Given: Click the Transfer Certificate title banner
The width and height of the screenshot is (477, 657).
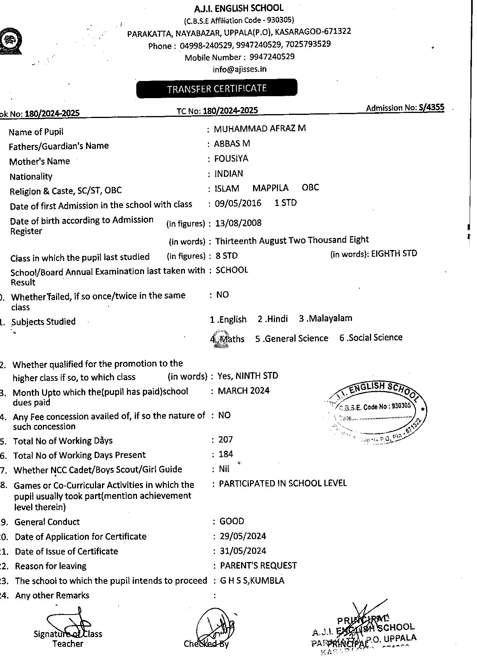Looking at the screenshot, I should pyautogui.click(x=216, y=89).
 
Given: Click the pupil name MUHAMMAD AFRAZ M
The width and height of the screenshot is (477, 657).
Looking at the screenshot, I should pyautogui.click(x=260, y=129).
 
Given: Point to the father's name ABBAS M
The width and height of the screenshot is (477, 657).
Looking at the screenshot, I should pyautogui.click(x=232, y=144).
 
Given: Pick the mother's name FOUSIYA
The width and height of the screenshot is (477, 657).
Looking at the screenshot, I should pyautogui.click(x=231, y=159).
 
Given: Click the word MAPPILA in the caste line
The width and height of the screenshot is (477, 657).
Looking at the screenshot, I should pyautogui.click(x=270, y=188).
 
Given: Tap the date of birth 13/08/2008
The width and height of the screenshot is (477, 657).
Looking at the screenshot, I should pyautogui.click(x=238, y=223).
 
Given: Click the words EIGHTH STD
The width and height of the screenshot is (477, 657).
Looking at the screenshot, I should pyautogui.click(x=394, y=254).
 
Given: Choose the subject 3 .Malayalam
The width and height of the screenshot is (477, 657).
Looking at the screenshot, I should pyautogui.click(x=326, y=318).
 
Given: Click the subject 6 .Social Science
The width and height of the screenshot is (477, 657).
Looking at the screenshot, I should pyautogui.click(x=371, y=338).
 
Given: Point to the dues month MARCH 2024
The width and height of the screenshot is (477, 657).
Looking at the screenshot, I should pyautogui.click(x=244, y=391).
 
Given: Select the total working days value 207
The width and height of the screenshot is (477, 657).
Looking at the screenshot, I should pyautogui.click(x=226, y=440).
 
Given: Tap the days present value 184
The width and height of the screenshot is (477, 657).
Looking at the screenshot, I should pyautogui.click(x=226, y=454).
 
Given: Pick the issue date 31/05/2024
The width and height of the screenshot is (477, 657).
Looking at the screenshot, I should pyautogui.click(x=243, y=551).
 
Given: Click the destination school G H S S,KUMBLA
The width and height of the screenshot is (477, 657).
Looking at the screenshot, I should pyautogui.click(x=252, y=581).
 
